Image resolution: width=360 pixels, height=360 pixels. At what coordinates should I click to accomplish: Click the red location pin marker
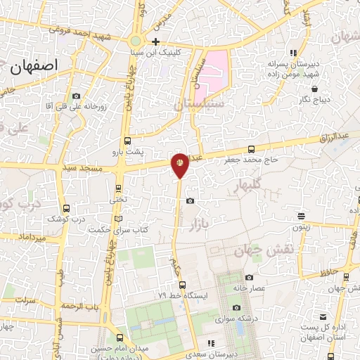tap(180, 165)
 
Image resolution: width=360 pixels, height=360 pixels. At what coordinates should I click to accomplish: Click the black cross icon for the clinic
tap(155, 41)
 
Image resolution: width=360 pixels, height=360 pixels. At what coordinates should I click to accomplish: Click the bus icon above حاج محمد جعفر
tap(252, 149)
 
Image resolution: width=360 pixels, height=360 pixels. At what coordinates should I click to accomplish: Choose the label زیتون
tap(301, 227)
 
